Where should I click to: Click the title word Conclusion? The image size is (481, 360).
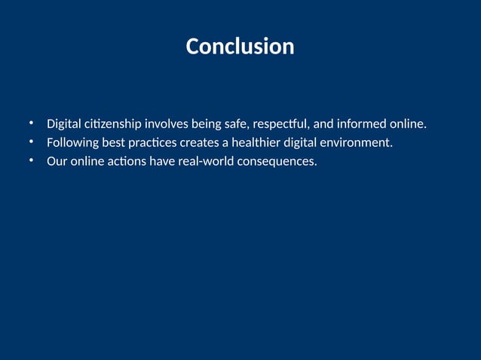click(x=240, y=47)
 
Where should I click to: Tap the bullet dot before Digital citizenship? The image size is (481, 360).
click(x=32, y=123)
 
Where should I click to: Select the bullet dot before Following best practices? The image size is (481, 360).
click(x=32, y=142)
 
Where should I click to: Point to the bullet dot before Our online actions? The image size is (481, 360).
click(x=32, y=160)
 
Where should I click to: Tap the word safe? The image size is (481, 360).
click(x=237, y=124)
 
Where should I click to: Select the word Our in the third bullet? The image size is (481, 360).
click(x=57, y=161)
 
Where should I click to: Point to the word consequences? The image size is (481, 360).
click(x=277, y=161)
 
